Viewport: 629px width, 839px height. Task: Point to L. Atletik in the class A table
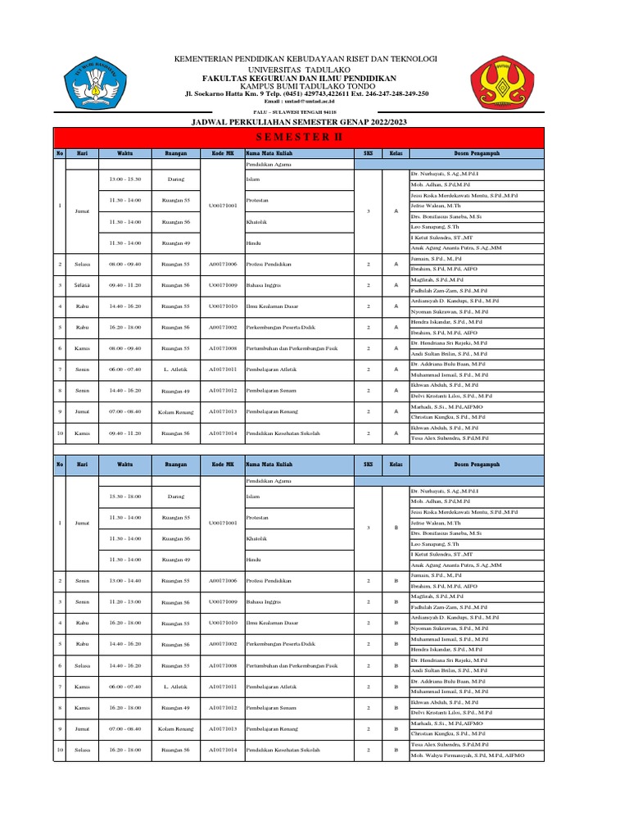tap(176, 370)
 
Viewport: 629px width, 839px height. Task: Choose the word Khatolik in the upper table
tap(256, 221)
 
